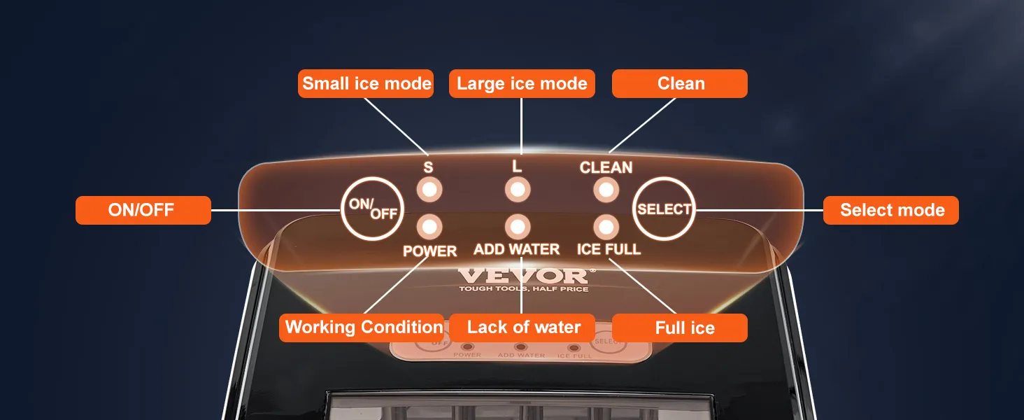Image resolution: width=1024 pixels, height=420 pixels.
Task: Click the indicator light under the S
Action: (429, 190)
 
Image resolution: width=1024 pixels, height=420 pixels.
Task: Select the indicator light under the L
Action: (518, 190)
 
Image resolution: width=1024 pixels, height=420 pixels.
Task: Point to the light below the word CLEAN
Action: (606, 190)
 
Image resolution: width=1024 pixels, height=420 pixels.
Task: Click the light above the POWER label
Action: (429, 227)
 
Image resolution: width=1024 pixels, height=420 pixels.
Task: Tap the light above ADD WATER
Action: (518, 227)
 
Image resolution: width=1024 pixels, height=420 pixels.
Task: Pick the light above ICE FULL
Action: (606, 227)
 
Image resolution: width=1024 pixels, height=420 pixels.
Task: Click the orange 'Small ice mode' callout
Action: (366, 84)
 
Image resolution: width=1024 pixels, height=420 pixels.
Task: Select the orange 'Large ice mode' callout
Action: (522, 84)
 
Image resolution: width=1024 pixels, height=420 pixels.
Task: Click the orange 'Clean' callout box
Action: (680, 84)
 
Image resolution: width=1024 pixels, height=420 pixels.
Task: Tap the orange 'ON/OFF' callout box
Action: (143, 210)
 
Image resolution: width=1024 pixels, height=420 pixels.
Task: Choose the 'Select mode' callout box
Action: (891, 210)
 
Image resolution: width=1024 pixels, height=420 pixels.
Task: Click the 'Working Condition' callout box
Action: (362, 328)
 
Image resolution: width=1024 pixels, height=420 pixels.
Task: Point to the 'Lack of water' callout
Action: (522, 328)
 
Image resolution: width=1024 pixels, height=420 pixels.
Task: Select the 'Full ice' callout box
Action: (680, 328)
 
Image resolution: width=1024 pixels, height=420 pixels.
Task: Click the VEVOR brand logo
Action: (526, 275)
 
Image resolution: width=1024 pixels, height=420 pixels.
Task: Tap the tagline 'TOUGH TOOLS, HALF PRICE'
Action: (524, 288)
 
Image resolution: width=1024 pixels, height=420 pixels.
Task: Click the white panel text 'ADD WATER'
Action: (517, 249)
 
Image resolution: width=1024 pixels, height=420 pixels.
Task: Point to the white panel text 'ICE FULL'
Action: (609, 249)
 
